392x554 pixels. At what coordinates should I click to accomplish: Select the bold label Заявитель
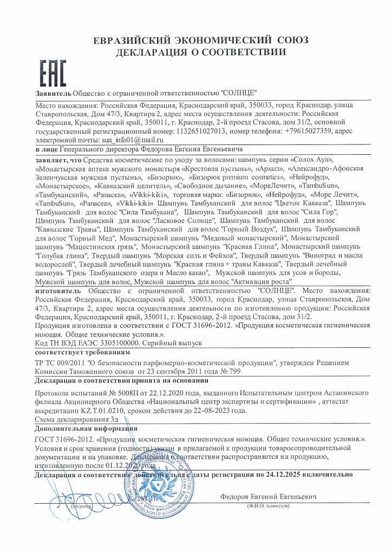[x=53, y=94]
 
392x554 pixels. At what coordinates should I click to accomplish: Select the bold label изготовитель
[x=58, y=291]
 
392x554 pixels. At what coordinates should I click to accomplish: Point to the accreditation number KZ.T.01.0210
[x=113, y=410]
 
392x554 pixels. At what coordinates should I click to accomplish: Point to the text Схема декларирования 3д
[x=76, y=419]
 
